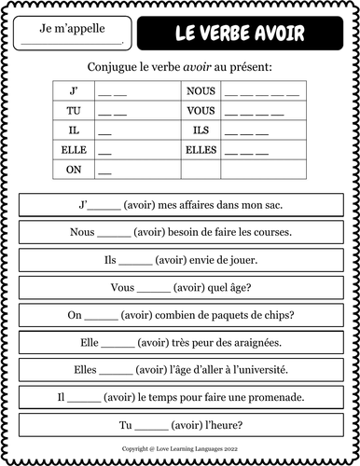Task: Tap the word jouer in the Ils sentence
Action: click(242, 260)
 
